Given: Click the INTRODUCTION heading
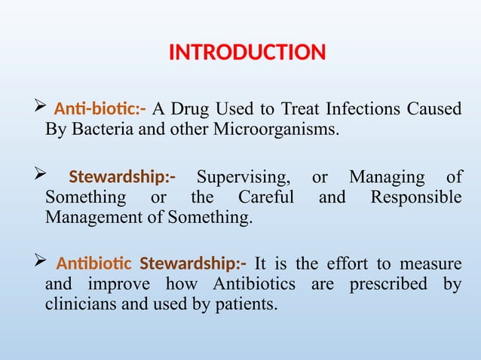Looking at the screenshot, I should [x=247, y=53].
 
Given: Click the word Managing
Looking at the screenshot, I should [x=387, y=178].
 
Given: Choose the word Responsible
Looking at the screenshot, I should [x=416, y=198].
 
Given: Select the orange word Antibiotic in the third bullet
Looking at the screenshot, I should [x=94, y=264].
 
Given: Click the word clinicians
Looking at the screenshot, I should [x=82, y=306].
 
